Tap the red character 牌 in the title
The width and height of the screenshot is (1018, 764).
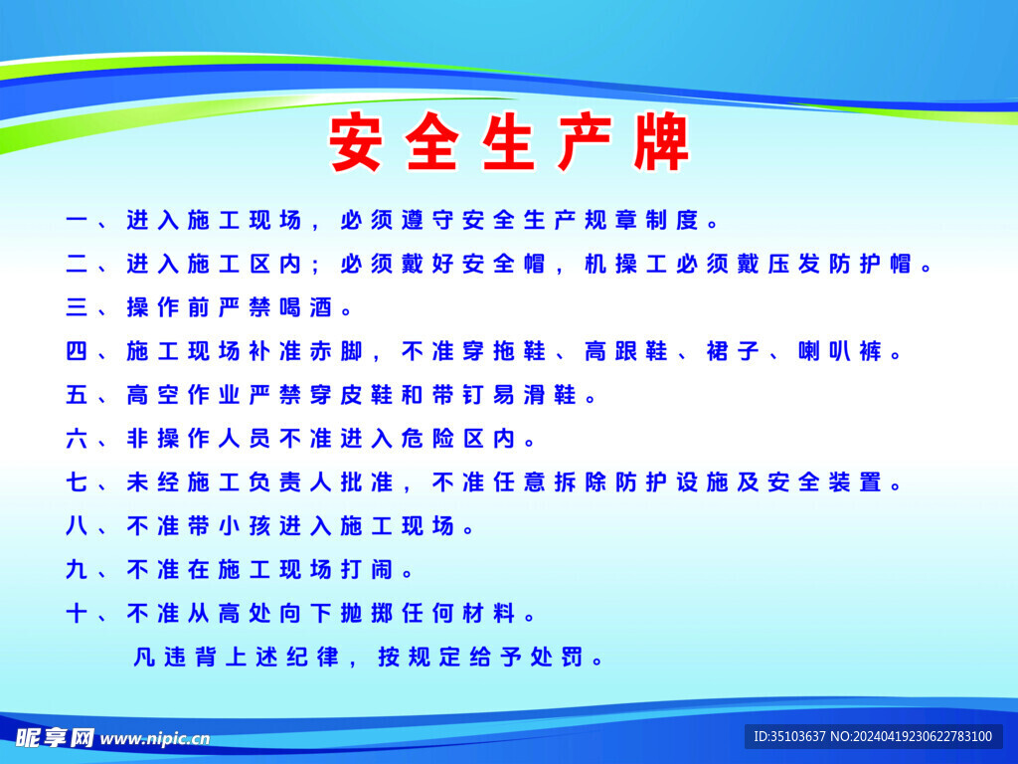[662, 145]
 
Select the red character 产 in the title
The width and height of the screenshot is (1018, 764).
[585, 145]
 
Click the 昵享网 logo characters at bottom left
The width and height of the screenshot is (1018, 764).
[55, 737]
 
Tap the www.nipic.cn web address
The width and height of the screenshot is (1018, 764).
[155, 739]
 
